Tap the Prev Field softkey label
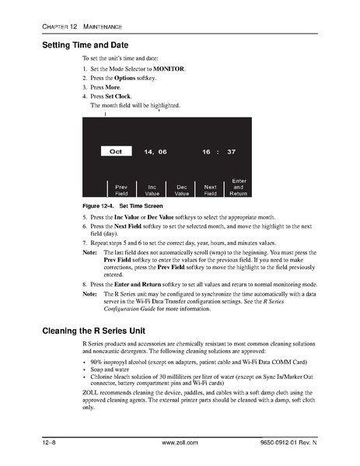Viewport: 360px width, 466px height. tap(121, 190)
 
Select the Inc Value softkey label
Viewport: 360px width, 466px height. tap(152, 190)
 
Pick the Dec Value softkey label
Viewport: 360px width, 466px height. tap(181, 190)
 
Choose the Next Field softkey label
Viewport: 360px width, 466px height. tap(210, 190)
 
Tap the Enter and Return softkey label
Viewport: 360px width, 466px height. tap(239, 187)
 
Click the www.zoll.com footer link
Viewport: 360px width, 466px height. tap(179, 443)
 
